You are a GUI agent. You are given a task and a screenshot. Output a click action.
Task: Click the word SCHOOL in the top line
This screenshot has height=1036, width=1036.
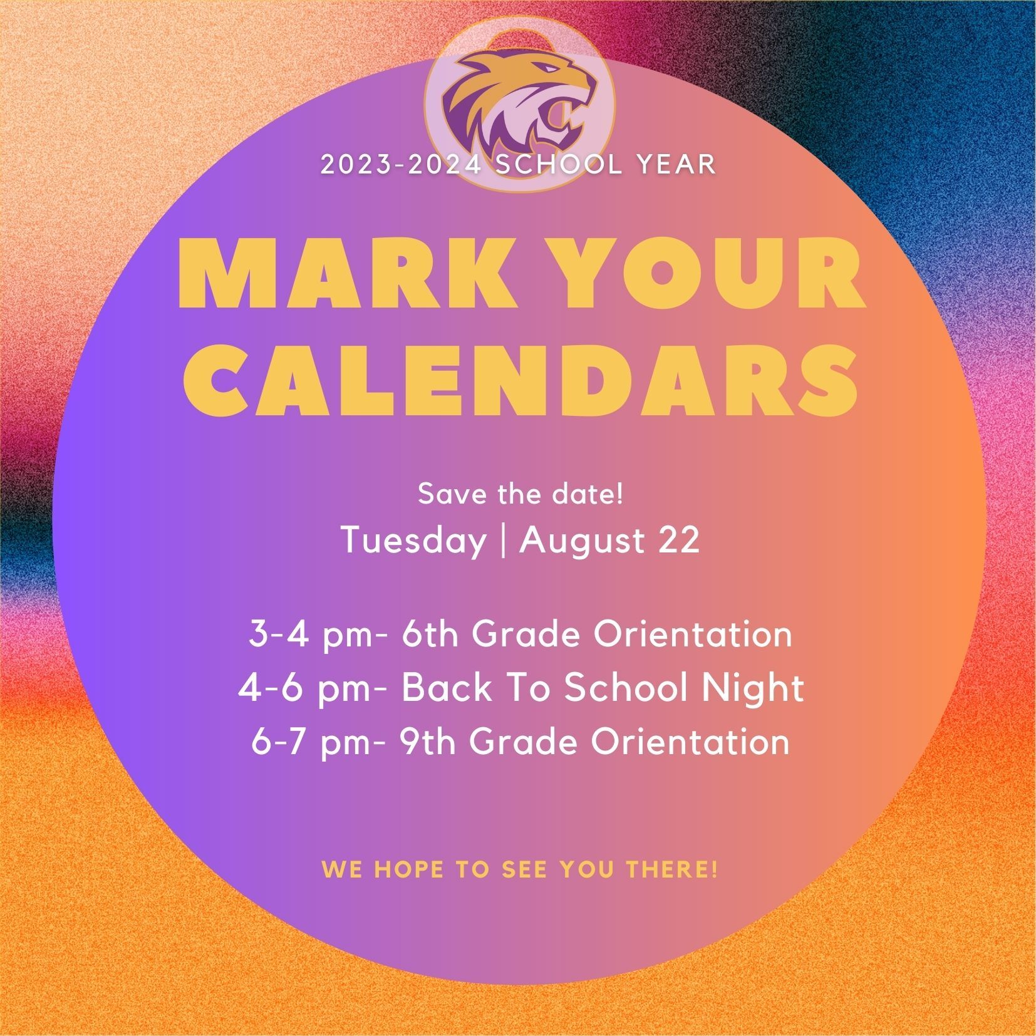[559, 164]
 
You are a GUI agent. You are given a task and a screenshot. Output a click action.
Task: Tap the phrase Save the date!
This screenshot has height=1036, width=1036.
[521, 494]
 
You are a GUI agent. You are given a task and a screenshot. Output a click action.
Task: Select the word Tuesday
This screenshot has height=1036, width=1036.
[414, 539]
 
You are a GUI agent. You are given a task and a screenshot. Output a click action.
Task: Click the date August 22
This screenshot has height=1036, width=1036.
[609, 539]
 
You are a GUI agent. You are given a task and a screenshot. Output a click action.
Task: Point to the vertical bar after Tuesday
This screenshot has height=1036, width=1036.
[504, 541]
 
